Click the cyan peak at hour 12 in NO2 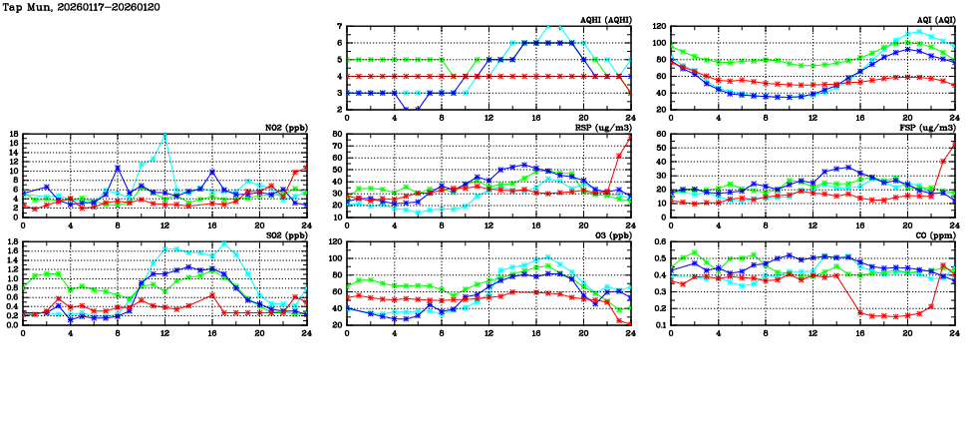(x=164, y=134)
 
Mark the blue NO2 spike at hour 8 (x=118, y=168)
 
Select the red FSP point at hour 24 (x=954, y=143)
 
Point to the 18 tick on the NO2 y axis (x=13, y=134)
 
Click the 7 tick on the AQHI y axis (x=340, y=27)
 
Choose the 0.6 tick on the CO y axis (x=659, y=242)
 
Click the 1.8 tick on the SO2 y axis (x=11, y=242)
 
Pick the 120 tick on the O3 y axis (x=335, y=242)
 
